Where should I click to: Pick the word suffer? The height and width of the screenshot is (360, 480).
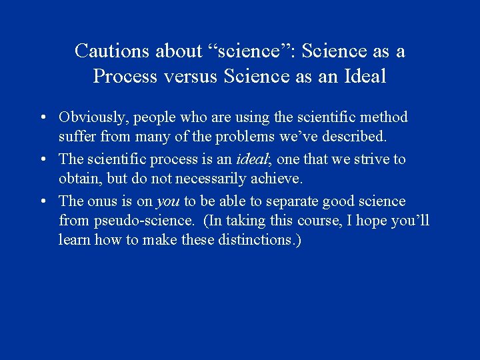pyautogui.click(x=77, y=137)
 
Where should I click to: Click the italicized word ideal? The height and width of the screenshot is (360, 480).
pyautogui.click(x=251, y=159)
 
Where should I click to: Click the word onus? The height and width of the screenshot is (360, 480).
pyautogui.click(x=103, y=201)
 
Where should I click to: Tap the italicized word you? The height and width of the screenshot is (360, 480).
pyautogui.click(x=167, y=201)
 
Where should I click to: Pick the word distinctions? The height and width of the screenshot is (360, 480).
pyautogui.click(x=258, y=240)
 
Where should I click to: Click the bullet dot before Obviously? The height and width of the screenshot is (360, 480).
pyautogui.click(x=42, y=118)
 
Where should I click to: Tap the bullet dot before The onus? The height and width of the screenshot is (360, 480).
pyautogui.click(x=42, y=201)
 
